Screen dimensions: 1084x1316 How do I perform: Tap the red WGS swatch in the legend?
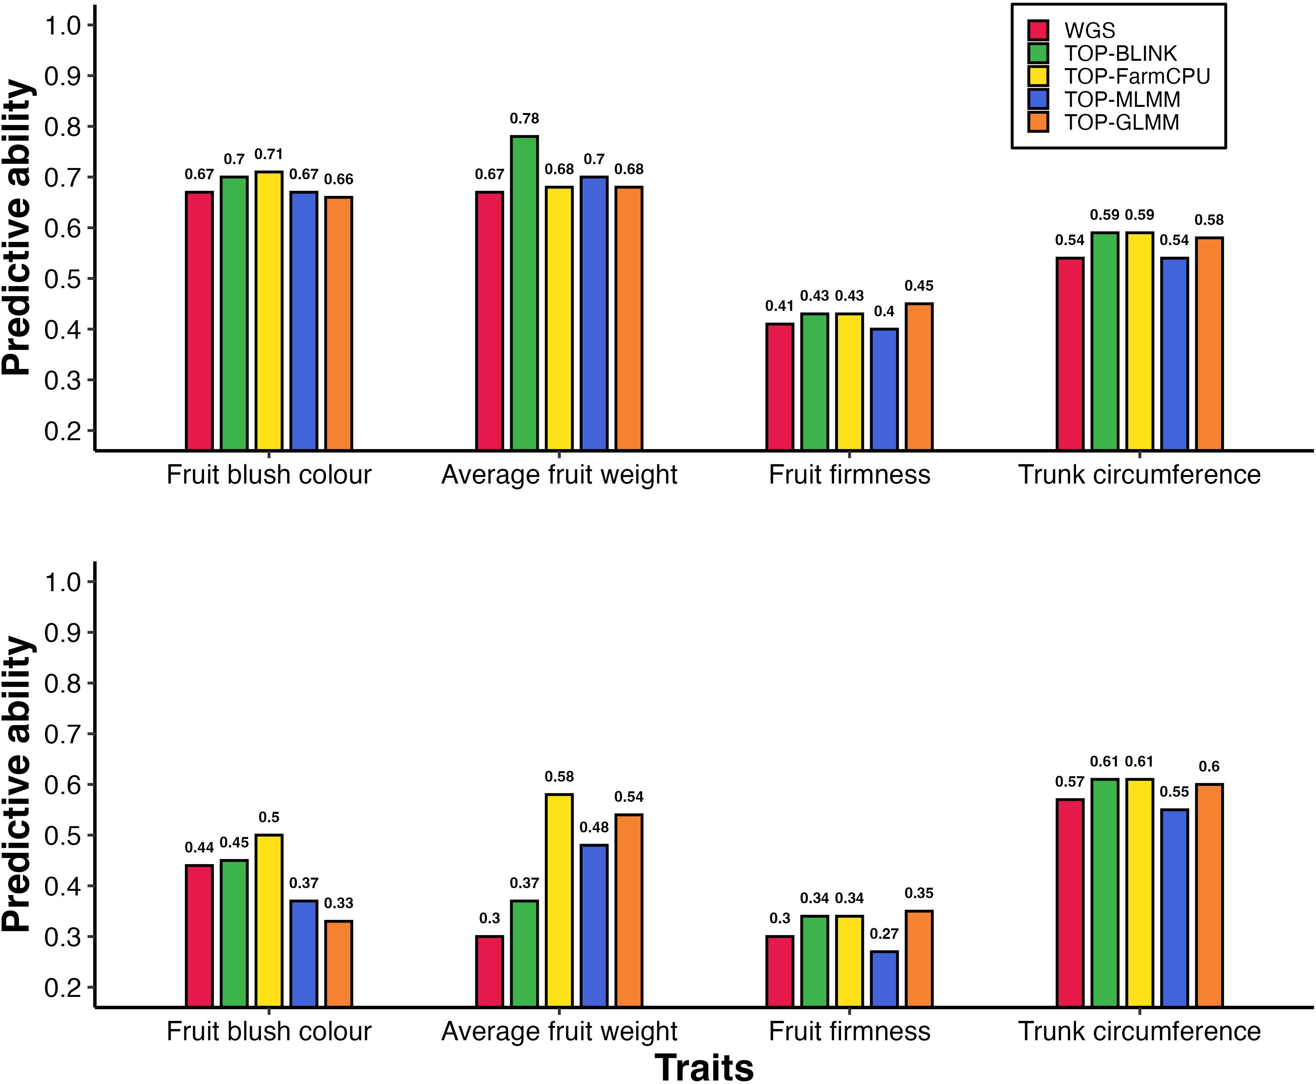[x=1038, y=30]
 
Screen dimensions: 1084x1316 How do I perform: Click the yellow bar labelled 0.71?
[x=269, y=310]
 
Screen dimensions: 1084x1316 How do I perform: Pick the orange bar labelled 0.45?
[x=919, y=377]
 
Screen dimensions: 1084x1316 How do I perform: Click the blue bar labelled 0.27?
[x=884, y=979]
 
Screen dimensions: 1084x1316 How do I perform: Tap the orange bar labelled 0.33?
[x=338, y=964]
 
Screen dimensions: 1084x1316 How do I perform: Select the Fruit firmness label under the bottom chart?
[x=849, y=1032]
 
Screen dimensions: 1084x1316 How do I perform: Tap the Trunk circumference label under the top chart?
[x=1140, y=475]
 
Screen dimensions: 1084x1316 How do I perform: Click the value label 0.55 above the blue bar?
[x=1174, y=792]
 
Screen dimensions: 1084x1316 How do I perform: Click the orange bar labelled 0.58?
[x=1209, y=343]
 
